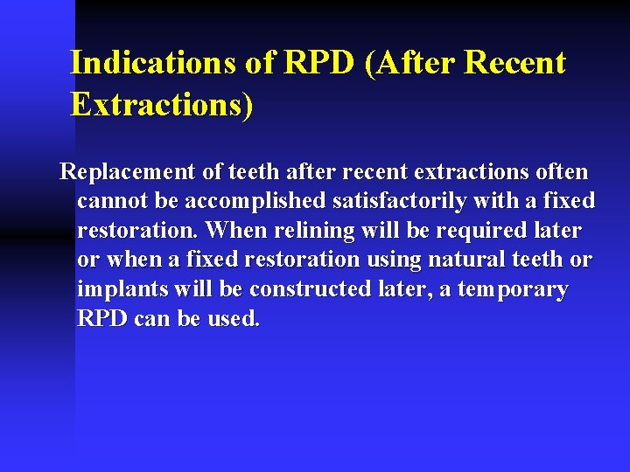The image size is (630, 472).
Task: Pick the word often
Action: tap(560, 172)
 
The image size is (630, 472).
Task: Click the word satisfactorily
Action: tap(400, 202)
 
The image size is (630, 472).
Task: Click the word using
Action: tap(391, 260)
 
